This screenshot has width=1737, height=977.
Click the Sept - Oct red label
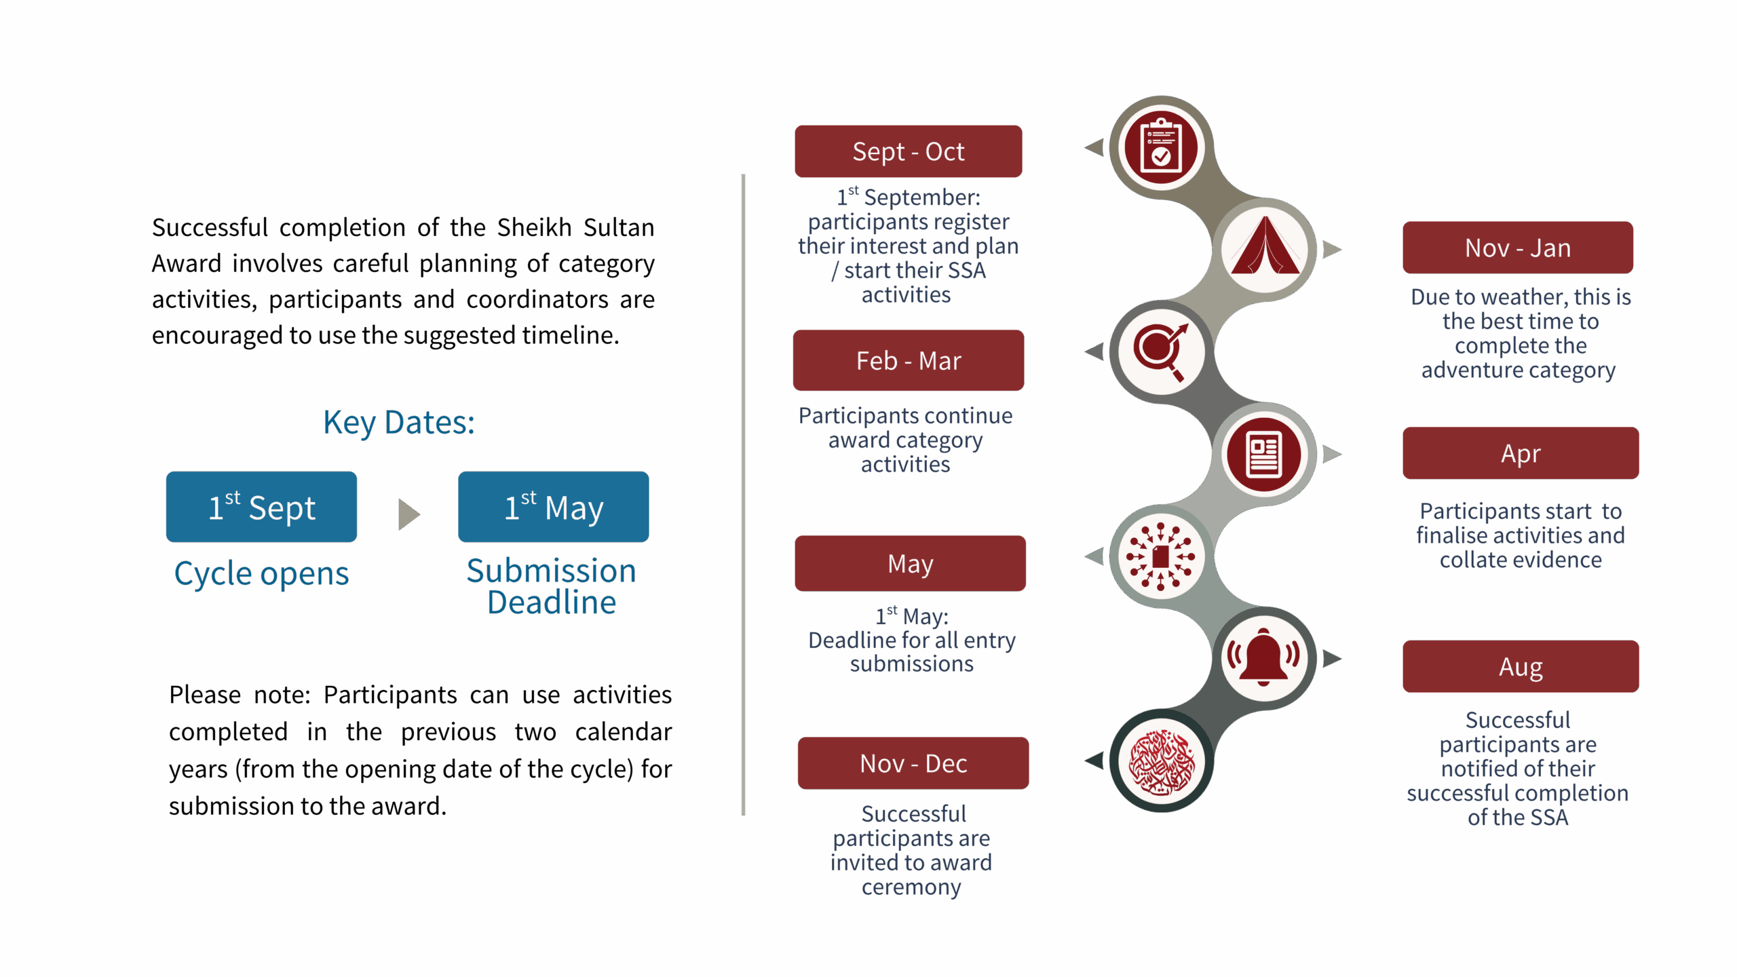click(x=908, y=151)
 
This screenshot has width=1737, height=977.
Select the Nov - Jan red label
click(x=1517, y=248)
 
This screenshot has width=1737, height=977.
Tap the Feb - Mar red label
click(x=908, y=360)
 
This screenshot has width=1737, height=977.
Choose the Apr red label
click(x=1520, y=453)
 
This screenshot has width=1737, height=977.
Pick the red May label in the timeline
click(x=910, y=563)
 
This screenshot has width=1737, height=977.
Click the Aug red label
click(x=1520, y=667)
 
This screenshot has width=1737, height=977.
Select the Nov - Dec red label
click(x=913, y=763)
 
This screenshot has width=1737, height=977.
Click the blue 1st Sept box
click(x=261, y=507)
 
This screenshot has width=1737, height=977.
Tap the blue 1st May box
click(x=553, y=507)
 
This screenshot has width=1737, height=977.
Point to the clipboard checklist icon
click(x=1161, y=147)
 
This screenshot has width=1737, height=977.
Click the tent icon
click(x=1265, y=249)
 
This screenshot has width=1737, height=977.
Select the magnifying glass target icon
click(x=1161, y=351)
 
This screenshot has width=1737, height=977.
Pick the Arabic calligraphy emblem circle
click(x=1161, y=761)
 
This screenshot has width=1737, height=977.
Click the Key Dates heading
click(x=399, y=423)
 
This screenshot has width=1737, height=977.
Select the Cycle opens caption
click(x=261, y=574)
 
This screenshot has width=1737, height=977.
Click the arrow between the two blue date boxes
click(x=408, y=514)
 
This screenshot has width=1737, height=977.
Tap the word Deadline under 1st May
click(x=552, y=602)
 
